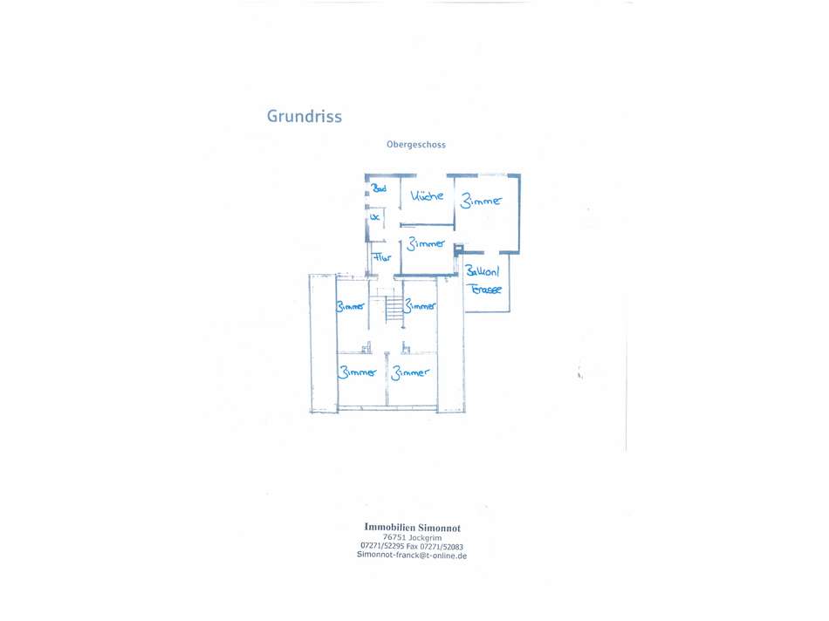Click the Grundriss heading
(x=304, y=116)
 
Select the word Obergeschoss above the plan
(x=416, y=145)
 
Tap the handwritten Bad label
(x=380, y=188)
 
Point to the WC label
(x=375, y=216)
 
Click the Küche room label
(x=428, y=196)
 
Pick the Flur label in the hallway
(x=382, y=258)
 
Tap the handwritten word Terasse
(x=486, y=290)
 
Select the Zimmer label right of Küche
(x=482, y=201)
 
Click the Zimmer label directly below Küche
(x=426, y=244)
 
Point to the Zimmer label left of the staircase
(x=351, y=306)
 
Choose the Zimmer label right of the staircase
(x=421, y=306)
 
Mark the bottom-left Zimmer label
(x=358, y=372)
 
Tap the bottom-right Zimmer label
(x=410, y=372)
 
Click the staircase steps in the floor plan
(x=394, y=308)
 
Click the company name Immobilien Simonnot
(x=412, y=527)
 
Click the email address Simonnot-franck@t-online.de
(x=412, y=556)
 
